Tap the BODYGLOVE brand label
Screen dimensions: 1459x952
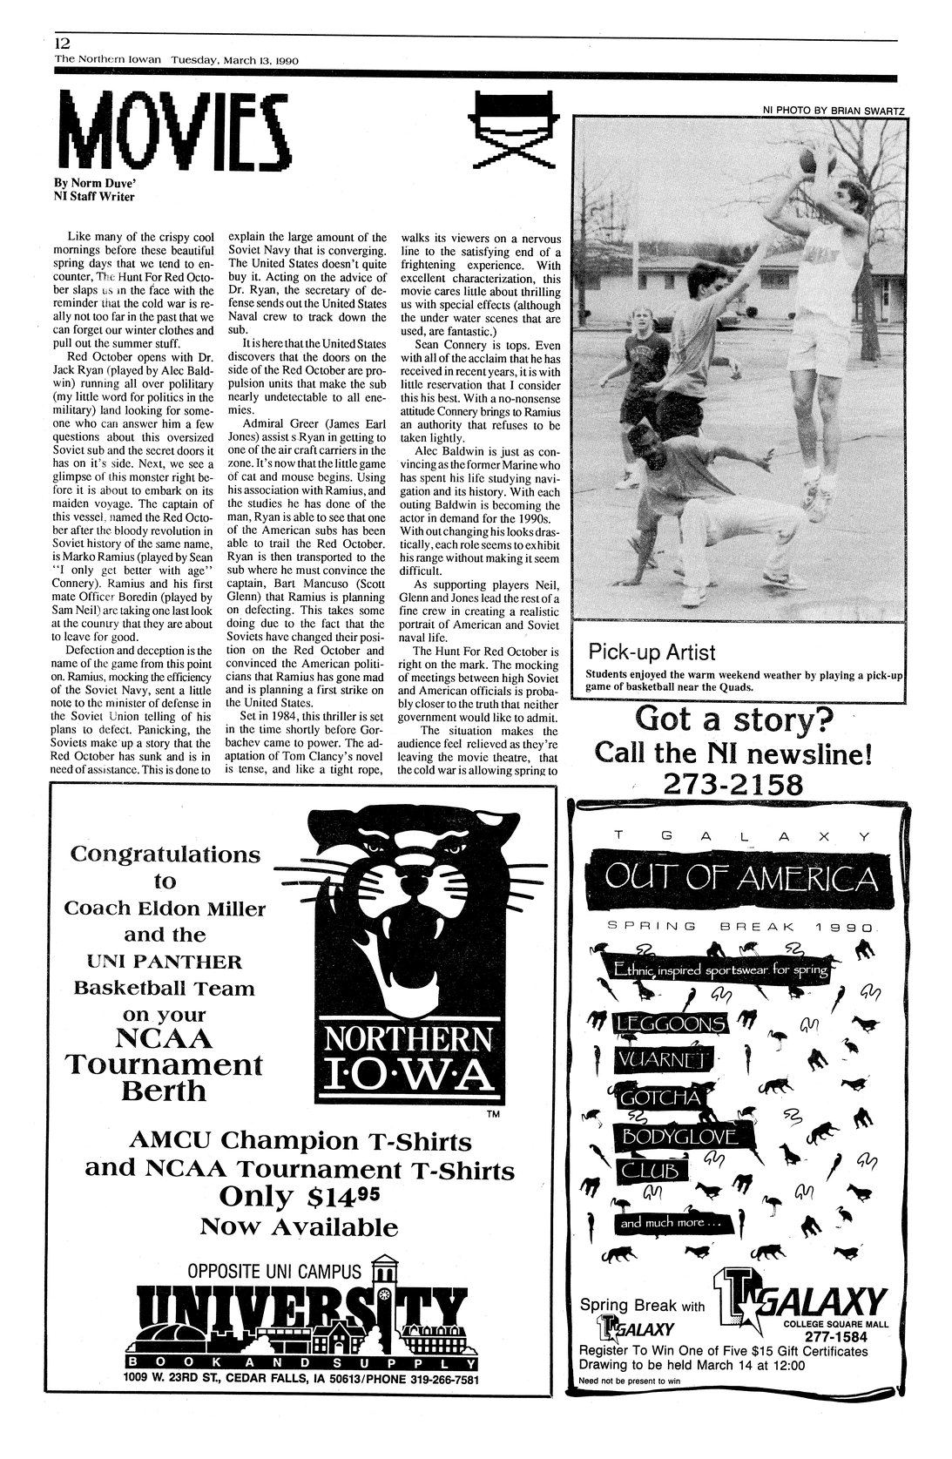pyautogui.click(x=677, y=1137)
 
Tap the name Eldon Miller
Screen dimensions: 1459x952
pyautogui.click(x=212, y=908)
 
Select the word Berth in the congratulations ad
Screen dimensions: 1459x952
pyautogui.click(x=164, y=1091)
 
